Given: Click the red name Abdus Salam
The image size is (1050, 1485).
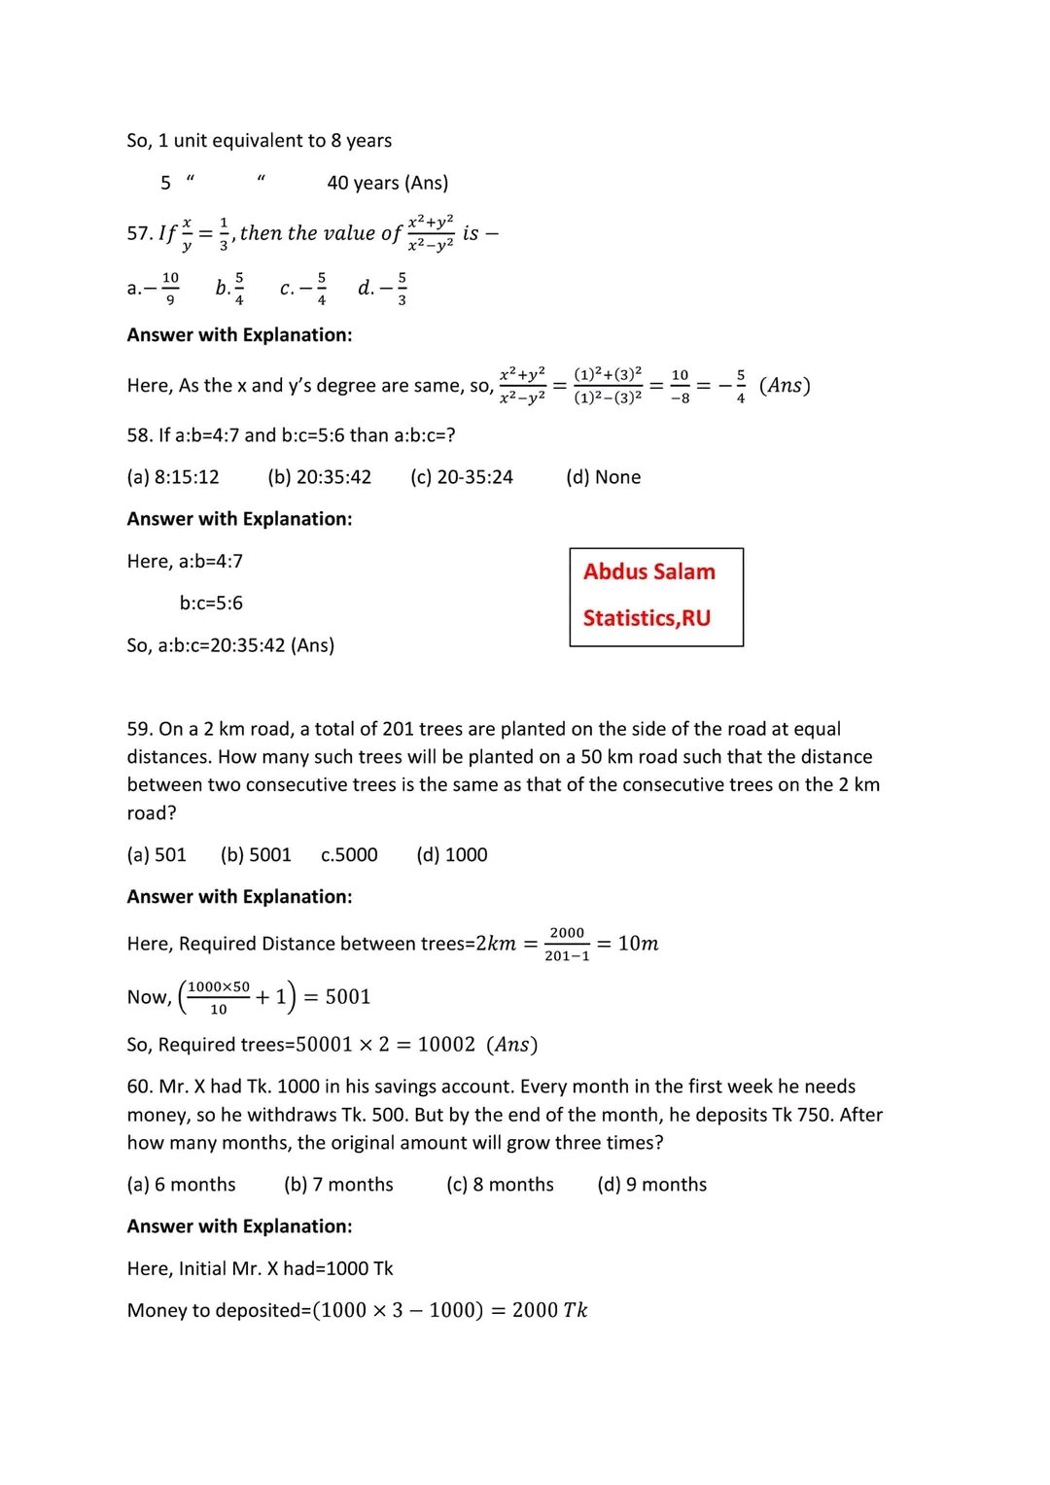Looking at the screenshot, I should coord(648,571).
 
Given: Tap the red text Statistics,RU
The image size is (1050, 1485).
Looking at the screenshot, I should coord(647,618).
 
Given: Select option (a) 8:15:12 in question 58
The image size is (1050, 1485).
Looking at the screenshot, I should coord(173,477).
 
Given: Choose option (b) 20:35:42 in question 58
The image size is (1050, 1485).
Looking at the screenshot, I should coord(319,477).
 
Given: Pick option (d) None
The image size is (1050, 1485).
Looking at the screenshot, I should coord(603,477).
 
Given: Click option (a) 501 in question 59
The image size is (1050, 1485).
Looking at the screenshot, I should coord(157,855).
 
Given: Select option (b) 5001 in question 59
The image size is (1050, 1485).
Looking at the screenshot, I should coord(256,855).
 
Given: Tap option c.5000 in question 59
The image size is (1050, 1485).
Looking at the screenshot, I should coord(349,855).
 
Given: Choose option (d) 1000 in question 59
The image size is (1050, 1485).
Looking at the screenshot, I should coord(452,855).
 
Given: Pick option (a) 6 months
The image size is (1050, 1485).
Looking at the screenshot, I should coord(181,1185).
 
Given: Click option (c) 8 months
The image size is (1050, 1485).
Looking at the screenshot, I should coord(500,1185).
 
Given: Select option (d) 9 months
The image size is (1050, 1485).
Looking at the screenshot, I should coord(651,1185).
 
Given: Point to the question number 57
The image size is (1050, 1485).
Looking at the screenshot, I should coord(139,233).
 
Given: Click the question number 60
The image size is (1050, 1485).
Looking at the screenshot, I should coord(139,1087).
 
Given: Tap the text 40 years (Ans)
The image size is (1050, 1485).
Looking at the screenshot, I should coord(388,183).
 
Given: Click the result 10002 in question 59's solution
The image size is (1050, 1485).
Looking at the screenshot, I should coord(446,1045).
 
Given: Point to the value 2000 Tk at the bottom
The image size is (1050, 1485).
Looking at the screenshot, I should coord(549,1310).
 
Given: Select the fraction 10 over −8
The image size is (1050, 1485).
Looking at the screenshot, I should coord(680,386).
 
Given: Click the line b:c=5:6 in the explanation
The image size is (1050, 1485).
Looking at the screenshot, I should coord(211,604).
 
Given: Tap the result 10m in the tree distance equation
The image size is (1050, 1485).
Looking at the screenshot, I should coord(638,944).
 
